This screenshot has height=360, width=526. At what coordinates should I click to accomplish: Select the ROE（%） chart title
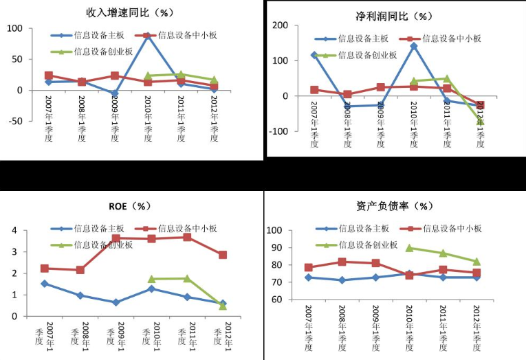pos(131,206)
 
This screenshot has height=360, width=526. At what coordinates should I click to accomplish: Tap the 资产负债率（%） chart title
pos(394,206)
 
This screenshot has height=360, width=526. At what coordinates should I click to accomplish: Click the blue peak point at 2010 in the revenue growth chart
pos(148,35)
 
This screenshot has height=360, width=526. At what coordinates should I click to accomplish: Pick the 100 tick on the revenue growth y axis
pos(16,29)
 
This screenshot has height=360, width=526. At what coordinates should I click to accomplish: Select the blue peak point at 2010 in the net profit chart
pos(414,46)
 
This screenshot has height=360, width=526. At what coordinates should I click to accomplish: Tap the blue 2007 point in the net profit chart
pos(314,55)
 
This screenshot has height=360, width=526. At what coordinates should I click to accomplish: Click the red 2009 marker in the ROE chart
pos(116,238)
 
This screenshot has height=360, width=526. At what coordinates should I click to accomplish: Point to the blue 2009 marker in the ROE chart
pos(116,302)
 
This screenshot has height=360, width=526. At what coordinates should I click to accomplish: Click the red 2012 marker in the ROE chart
pos(223,255)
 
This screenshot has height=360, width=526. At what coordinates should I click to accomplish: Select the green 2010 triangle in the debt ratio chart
pos(409,248)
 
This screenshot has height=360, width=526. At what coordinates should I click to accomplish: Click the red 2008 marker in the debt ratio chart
pos(342,262)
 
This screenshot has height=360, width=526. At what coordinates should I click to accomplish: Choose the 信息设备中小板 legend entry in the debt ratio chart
pos(451,229)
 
